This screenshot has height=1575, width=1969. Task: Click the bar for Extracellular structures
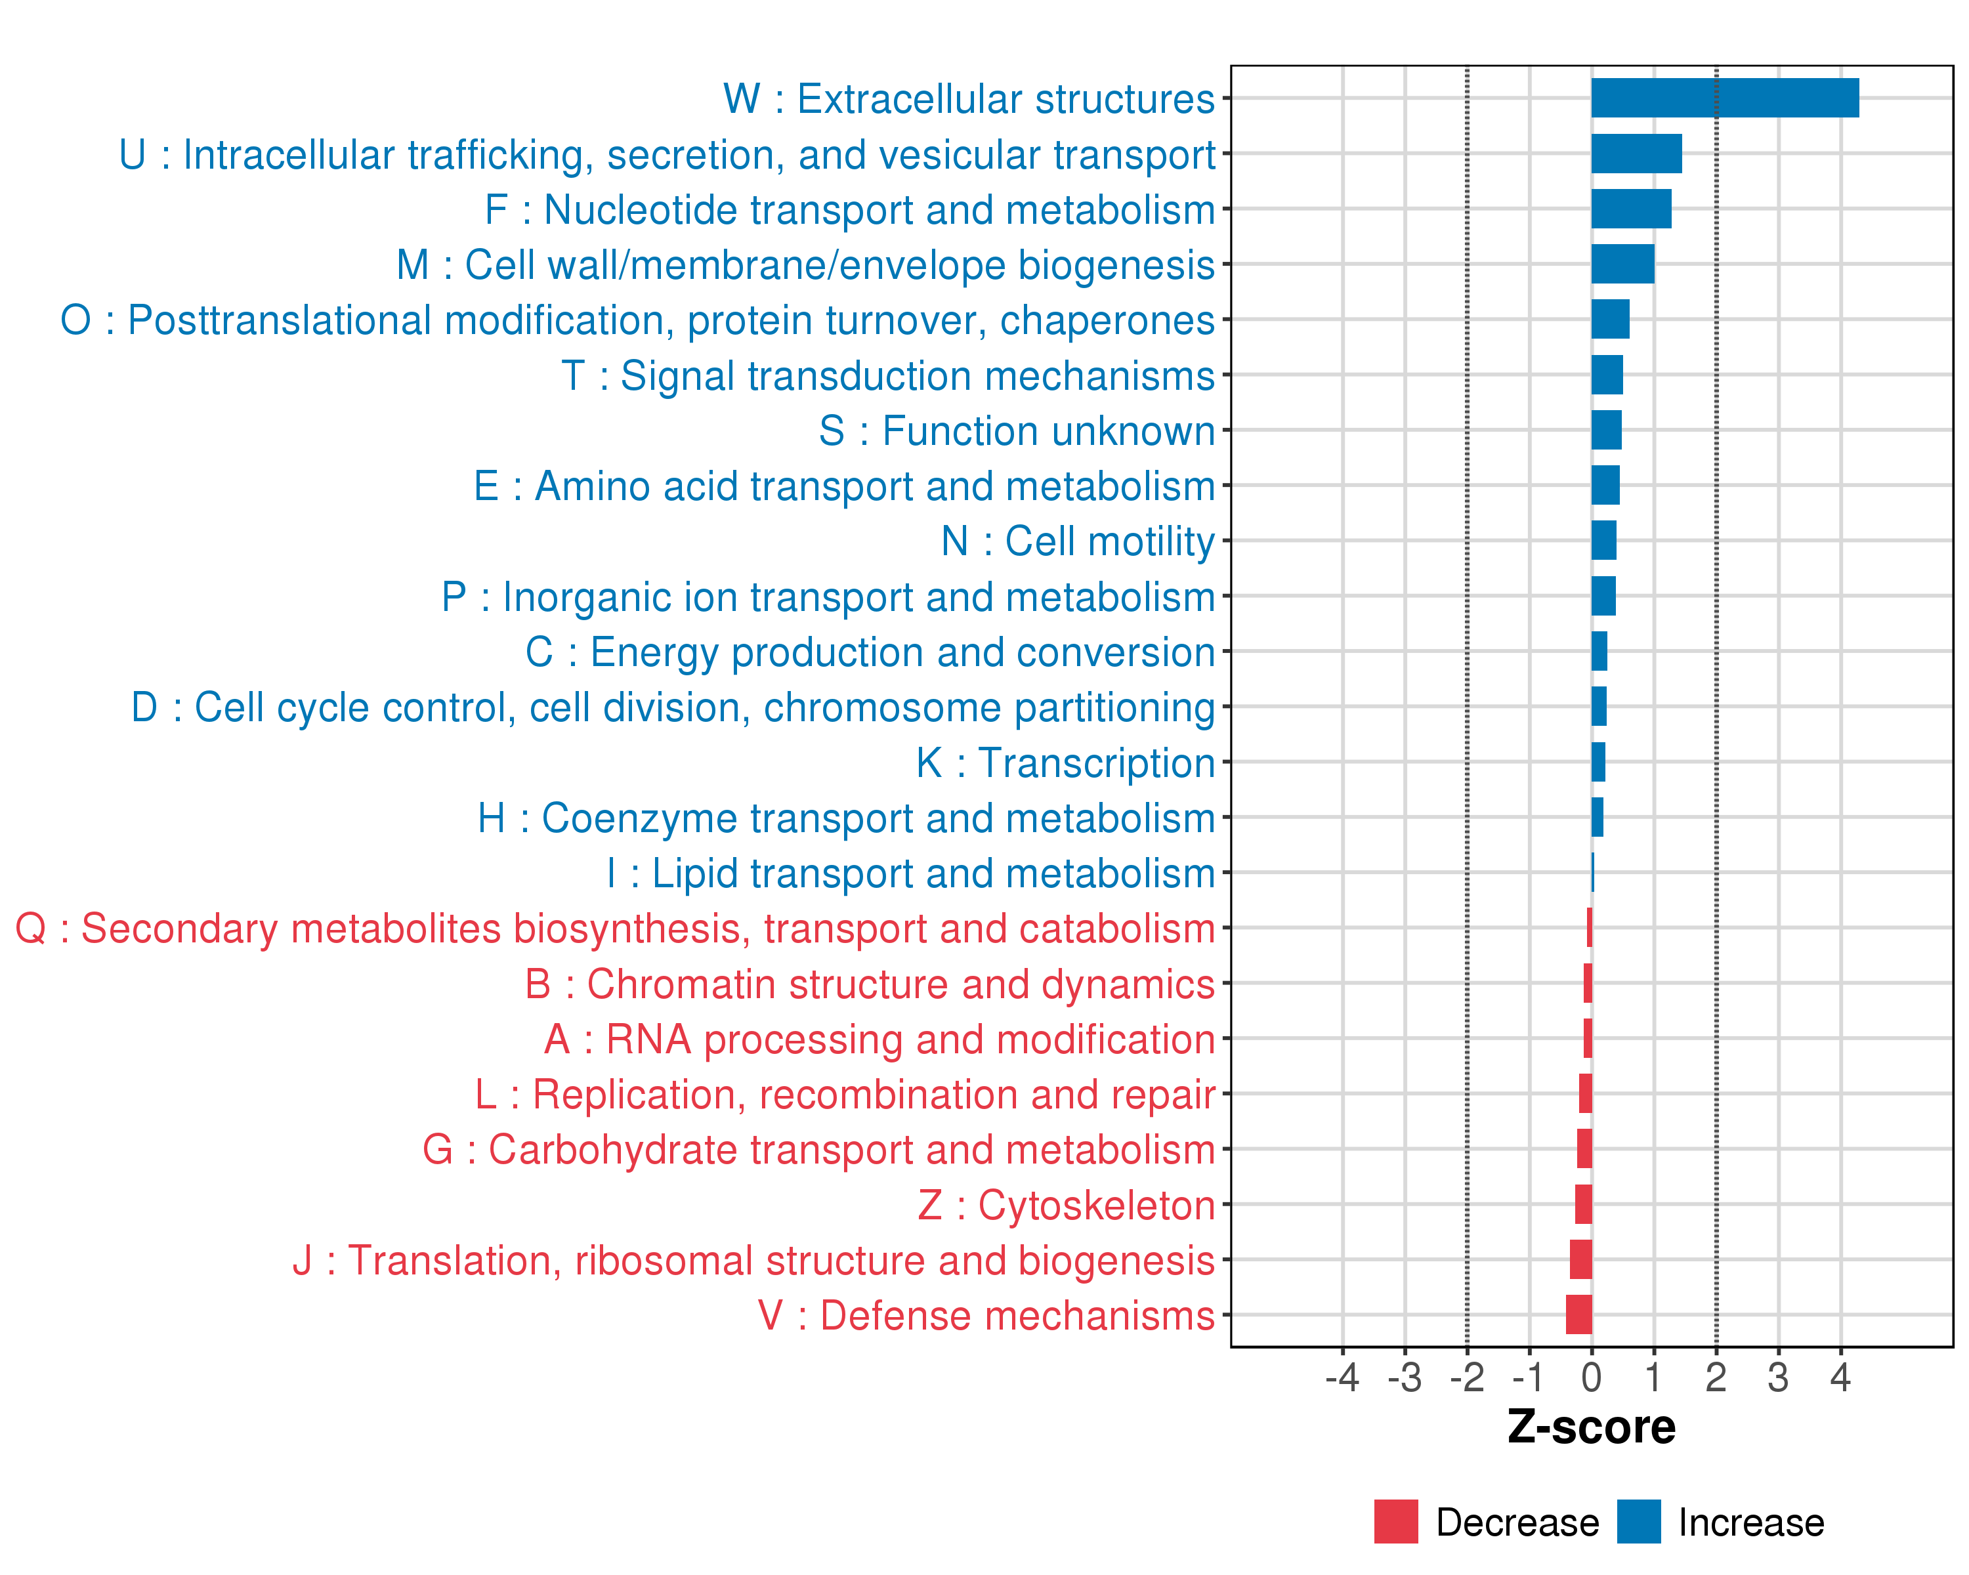tap(1724, 98)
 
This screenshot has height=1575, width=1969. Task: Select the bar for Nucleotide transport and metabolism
tap(1631, 209)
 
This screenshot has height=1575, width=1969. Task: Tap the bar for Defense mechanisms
tap(1579, 1314)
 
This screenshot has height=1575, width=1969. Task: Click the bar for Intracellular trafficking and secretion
tap(1637, 154)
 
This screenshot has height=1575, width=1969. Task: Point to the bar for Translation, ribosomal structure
tap(1581, 1259)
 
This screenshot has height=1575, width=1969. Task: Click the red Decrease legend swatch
tap(1395, 1521)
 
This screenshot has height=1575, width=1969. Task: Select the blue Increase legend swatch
tap(1638, 1521)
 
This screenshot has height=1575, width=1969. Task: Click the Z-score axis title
tap(1591, 1427)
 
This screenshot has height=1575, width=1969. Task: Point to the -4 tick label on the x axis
tap(1342, 1377)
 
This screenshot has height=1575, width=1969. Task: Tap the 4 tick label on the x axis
tap(1840, 1377)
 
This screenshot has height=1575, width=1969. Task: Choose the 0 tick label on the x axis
tap(1592, 1377)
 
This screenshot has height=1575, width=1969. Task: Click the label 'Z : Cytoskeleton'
tap(1066, 1206)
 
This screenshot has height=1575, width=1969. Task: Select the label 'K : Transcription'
tap(1065, 763)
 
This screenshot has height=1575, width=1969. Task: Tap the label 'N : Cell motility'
tap(1078, 541)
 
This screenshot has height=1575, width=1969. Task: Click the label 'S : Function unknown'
tap(1017, 431)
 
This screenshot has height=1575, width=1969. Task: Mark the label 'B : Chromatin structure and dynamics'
tap(870, 984)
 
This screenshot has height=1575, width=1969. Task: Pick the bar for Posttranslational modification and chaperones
tap(1610, 320)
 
